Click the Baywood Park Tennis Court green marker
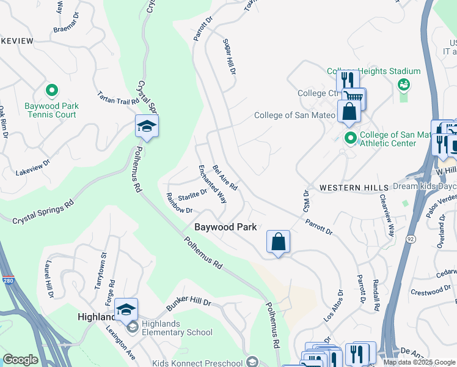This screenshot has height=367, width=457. tap(52, 91)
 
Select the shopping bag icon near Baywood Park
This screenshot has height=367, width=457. tap(278, 242)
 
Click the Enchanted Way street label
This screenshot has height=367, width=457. tap(213, 184)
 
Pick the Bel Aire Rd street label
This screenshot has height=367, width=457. tap(225, 177)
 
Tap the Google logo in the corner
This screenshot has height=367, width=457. tap(20, 360)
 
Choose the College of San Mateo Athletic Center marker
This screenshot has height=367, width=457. tap(350, 137)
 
